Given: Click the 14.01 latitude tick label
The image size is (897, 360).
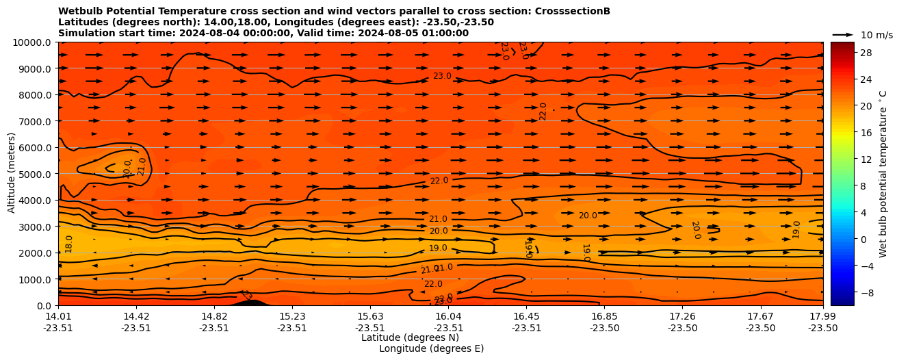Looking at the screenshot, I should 58,316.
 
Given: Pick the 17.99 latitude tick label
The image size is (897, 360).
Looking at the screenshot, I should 822,316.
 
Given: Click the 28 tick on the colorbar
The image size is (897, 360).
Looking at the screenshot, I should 865,53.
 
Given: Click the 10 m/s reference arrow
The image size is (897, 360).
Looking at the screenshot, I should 843,35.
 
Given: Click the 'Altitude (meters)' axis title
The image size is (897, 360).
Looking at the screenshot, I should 12,174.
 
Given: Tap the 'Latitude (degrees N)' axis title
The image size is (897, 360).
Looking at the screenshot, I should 400,337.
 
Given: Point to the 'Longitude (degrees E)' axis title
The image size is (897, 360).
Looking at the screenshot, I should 431,348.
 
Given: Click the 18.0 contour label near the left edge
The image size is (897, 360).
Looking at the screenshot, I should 68,244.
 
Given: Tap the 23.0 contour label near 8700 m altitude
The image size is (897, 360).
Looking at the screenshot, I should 442,76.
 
